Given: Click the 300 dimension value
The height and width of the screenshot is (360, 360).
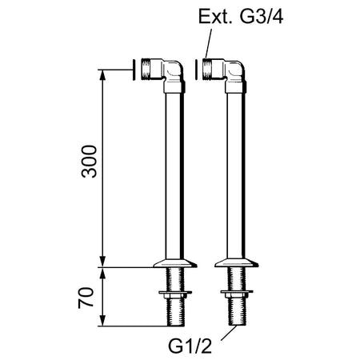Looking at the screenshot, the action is click(90, 162).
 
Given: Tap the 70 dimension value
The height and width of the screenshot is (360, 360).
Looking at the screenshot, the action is click(86, 298).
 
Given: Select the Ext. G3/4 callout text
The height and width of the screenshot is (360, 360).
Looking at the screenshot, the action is click(241, 17).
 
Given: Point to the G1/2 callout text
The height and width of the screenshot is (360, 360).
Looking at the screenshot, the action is click(190, 346).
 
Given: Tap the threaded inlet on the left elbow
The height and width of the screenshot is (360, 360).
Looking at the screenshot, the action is click(146, 69).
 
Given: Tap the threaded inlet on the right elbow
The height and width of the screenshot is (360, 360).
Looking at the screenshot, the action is click(208, 69).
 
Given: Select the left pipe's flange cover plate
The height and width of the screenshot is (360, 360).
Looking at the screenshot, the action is click(175, 263).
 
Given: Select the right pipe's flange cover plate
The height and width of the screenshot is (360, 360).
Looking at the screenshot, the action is click(237, 263).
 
